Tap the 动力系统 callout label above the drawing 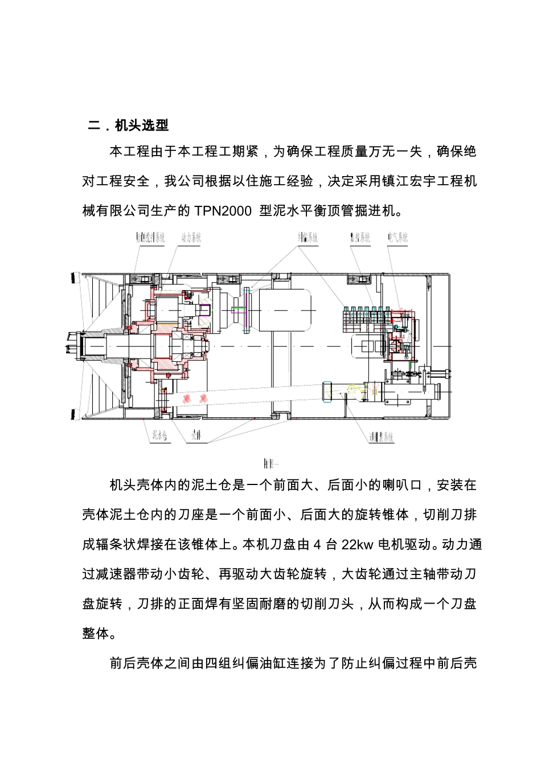tap(191, 238)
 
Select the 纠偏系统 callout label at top tap(308, 238)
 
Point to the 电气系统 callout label tap(397, 238)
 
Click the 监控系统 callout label tap(360, 238)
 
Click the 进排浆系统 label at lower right tap(380, 437)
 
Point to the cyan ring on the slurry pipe tap(327, 393)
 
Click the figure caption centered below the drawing tap(270, 463)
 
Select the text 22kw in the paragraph tap(357, 545)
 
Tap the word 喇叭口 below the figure tap(403, 486)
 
